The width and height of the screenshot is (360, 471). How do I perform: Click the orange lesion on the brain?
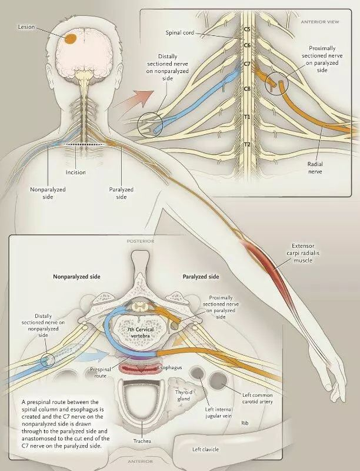point(71,39)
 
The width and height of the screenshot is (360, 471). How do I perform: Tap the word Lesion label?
point(26,27)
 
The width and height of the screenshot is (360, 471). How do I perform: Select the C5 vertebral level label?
point(247,29)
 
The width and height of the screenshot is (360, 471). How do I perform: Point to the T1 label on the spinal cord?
point(247,117)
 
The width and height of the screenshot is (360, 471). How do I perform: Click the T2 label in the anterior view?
point(247,144)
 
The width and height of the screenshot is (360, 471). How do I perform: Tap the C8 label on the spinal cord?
point(247,89)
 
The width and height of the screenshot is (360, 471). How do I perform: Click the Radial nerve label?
point(315,168)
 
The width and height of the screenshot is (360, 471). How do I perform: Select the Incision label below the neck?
point(76,173)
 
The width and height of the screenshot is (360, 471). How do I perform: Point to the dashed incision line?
point(85,144)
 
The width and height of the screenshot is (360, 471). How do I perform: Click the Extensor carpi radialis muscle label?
point(303,253)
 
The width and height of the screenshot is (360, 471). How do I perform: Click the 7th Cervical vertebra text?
point(141,332)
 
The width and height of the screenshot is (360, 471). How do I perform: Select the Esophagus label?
point(170,367)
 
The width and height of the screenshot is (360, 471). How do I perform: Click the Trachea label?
point(142,441)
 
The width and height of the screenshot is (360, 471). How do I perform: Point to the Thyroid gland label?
point(184,395)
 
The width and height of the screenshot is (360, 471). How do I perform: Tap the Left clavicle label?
point(205,449)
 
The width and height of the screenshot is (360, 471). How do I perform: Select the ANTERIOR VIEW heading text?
point(320,22)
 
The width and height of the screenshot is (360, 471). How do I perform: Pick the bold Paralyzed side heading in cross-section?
point(201,276)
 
